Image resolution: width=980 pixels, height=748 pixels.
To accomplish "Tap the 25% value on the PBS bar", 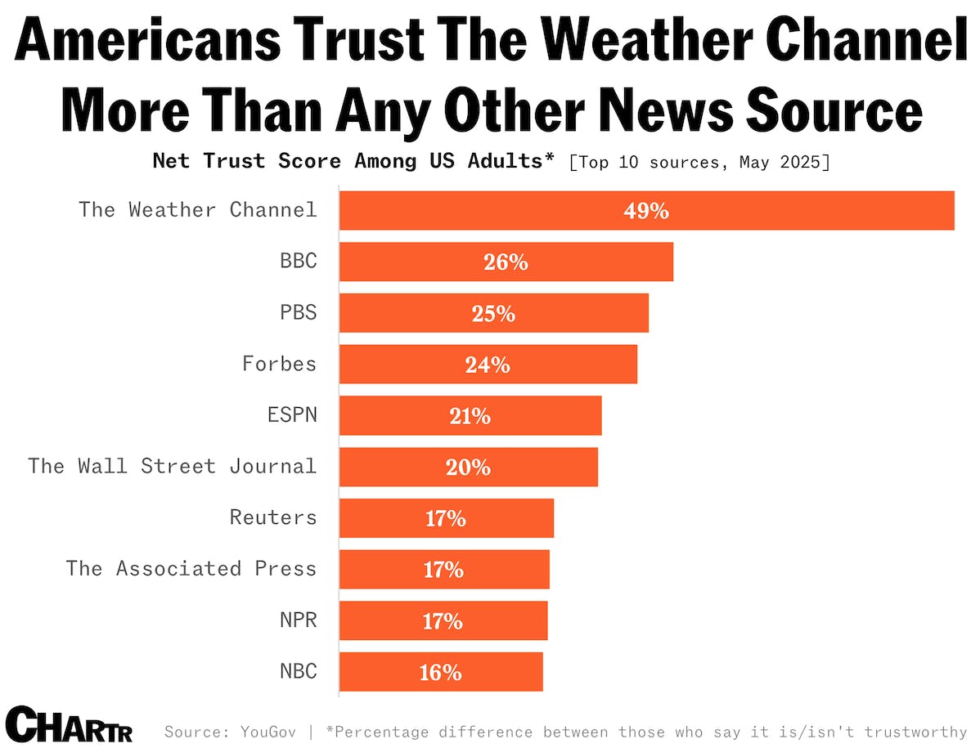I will (493, 314).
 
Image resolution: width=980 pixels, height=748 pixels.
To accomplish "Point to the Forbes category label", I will (279, 363).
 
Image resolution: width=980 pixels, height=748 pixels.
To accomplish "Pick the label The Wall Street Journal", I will (172, 466).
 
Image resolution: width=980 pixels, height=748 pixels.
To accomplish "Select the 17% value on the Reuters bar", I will (445, 518).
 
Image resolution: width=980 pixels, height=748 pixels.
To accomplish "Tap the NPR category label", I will (298, 620).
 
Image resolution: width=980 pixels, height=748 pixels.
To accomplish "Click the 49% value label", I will (646, 211).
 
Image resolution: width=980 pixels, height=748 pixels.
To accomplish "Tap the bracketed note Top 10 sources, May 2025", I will (699, 161).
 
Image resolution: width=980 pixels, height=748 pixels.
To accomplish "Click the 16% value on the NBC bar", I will (441, 672).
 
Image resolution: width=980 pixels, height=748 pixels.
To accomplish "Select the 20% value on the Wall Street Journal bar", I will (468, 467).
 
